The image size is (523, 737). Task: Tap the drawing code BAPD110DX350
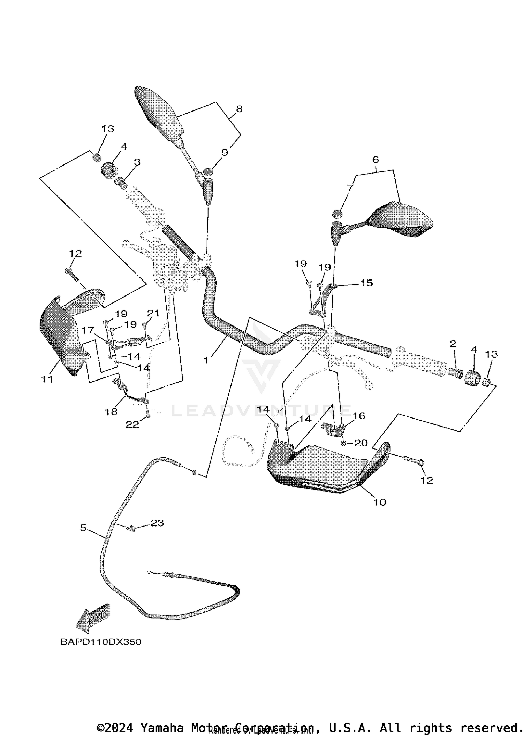pyautogui.click(x=101, y=642)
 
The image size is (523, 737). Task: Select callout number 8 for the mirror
pyautogui.click(x=239, y=109)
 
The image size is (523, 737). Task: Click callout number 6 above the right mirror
pyautogui.click(x=376, y=160)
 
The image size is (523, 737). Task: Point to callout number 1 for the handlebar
pyautogui.click(x=206, y=360)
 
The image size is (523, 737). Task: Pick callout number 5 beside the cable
pyautogui.click(x=83, y=528)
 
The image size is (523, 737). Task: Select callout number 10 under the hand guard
pyautogui.click(x=380, y=502)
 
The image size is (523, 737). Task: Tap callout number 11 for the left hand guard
pyautogui.click(x=47, y=379)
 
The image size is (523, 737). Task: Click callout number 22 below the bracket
pyautogui.click(x=132, y=424)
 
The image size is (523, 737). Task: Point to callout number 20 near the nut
pyautogui.click(x=361, y=443)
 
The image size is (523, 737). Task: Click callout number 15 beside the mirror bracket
pyautogui.click(x=366, y=283)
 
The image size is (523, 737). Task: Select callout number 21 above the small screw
pyautogui.click(x=153, y=313)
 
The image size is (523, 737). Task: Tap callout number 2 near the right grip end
pyautogui.click(x=453, y=344)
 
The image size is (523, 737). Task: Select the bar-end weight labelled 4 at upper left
pyautogui.click(x=109, y=170)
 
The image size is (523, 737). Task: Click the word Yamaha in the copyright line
pyautogui.click(x=161, y=728)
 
